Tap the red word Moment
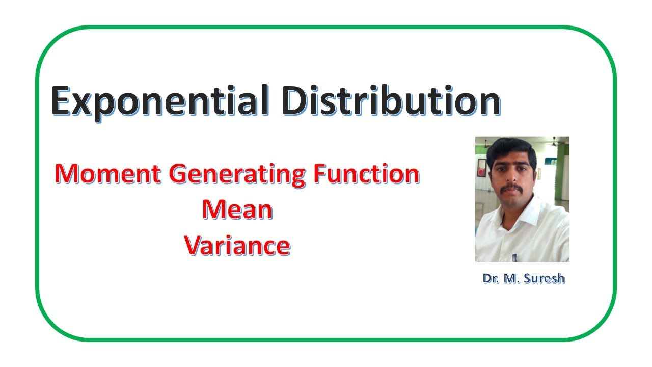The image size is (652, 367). coord(108,174)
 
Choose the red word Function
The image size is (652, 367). coord(366,174)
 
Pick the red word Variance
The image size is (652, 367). coord(237,246)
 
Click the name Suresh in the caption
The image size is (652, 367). coord(544,279)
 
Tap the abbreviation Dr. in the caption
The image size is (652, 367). coord(491,279)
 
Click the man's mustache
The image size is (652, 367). coord(511,189)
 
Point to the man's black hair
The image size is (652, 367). coord(511,151)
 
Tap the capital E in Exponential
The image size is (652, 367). coord(61,101)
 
